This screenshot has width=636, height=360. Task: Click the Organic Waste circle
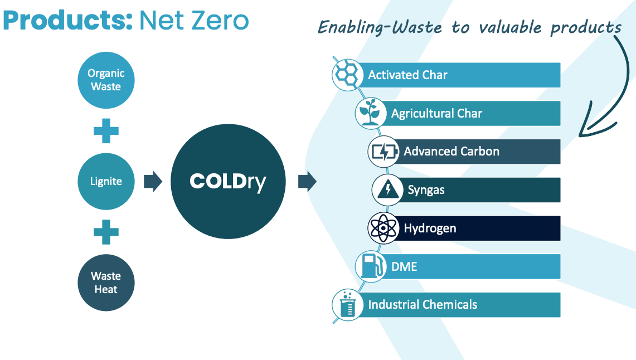click(106, 80)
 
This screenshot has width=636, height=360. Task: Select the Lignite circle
click(106, 181)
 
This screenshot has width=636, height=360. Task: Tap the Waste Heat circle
click(106, 283)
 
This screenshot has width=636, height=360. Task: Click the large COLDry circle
click(228, 181)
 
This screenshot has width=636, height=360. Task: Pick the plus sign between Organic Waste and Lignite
click(106, 130)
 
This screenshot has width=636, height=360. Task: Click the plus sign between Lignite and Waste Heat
click(106, 232)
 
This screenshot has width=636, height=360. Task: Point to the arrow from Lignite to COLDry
click(153, 181)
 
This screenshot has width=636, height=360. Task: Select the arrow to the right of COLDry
click(307, 181)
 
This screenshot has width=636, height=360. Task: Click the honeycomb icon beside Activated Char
click(347, 75)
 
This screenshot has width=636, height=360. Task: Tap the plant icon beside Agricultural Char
click(370, 113)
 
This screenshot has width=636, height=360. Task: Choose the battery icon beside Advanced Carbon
click(383, 152)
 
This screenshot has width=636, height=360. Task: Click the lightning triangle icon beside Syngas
click(387, 189)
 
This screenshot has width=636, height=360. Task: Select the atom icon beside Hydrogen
click(383, 228)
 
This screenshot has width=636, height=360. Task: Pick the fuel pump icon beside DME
click(370, 266)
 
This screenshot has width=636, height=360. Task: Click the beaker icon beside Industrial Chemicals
click(347, 305)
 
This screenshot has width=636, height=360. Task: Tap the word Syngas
click(426, 190)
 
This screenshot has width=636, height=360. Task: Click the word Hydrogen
click(430, 228)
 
